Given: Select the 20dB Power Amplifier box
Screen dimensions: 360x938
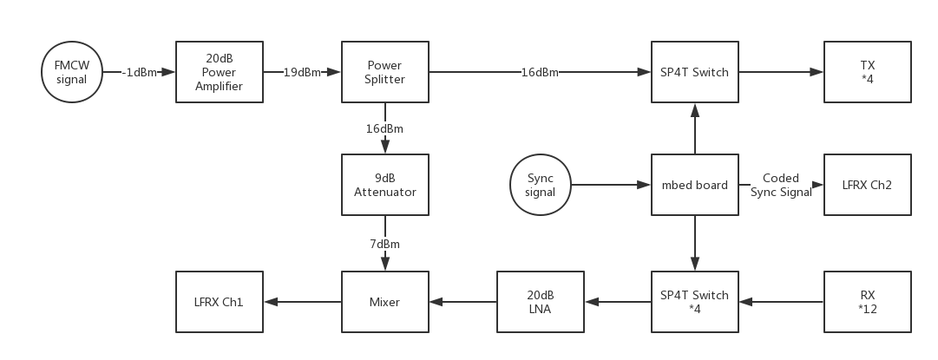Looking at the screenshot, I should (220, 72).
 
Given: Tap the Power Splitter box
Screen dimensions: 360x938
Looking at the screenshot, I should (385, 72).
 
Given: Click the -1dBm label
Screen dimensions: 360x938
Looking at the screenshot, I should (139, 72).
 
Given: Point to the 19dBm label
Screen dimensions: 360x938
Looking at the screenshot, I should (302, 72).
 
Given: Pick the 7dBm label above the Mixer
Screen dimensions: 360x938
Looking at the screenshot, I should (385, 244).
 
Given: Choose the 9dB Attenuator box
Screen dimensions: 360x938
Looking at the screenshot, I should (385, 185).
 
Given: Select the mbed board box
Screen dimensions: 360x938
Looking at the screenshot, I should (694, 185).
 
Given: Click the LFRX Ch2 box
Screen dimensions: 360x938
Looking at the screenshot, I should (868, 185).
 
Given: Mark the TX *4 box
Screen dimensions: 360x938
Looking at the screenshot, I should (868, 72).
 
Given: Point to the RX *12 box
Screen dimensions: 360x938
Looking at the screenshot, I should (868, 302).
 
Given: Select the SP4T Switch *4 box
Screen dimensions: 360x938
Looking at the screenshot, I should (694, 302).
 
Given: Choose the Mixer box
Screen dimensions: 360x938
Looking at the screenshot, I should (385, 302).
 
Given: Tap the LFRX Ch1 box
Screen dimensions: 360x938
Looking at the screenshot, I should (220, 302).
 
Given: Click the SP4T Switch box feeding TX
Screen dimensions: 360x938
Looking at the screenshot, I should (694, 72).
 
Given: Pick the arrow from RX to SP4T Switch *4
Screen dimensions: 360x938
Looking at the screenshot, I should (781, 302).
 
